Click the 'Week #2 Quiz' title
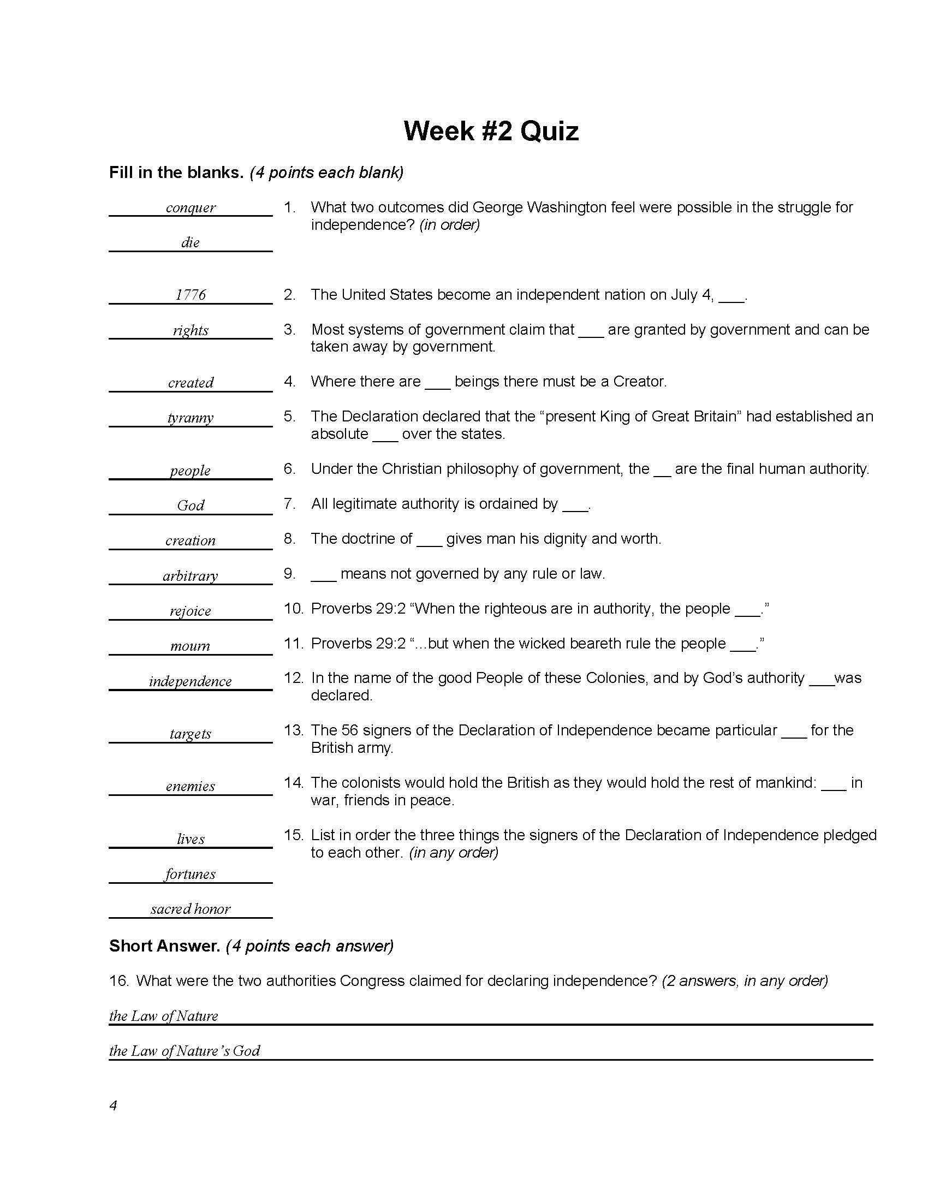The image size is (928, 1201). point(491,131)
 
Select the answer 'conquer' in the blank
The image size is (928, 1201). point(190,207)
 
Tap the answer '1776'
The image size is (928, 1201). point(190,295)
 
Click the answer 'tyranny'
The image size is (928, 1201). point(190,418)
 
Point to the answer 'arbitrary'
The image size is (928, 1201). point(190,576)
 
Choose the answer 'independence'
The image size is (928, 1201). point(190,681)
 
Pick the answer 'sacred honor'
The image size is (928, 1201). point(190,909)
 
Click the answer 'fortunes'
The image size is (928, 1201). point(190,874)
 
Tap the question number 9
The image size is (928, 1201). point(290,574)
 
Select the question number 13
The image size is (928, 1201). point(293,730)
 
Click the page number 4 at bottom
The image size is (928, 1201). point(113,1105)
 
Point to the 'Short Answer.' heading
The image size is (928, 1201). point(164,946)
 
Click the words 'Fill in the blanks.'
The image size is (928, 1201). point(176,173)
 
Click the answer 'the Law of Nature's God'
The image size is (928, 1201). point(184,1051)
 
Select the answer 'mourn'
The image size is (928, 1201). point(190,646)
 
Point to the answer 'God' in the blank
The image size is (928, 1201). point(190,506)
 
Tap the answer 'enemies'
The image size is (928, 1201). point(190,786)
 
